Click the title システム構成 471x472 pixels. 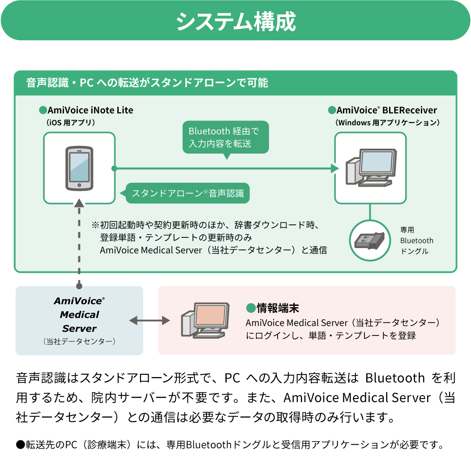pos(235,21)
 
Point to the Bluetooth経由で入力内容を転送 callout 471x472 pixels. pos(226,137)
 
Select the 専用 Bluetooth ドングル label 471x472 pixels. pos(416,240)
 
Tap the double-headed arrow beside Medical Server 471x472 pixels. pos(150,321)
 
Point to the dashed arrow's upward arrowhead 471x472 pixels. pos(79,203)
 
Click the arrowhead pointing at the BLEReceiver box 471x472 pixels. pos(334,168)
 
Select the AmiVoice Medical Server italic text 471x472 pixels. pos(79,314)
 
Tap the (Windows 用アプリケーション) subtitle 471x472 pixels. pos(387,122)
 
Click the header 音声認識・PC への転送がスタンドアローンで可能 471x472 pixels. pos(147,83)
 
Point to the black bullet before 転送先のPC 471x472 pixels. pos(20,445)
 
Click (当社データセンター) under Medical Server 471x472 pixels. pos(79,342)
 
